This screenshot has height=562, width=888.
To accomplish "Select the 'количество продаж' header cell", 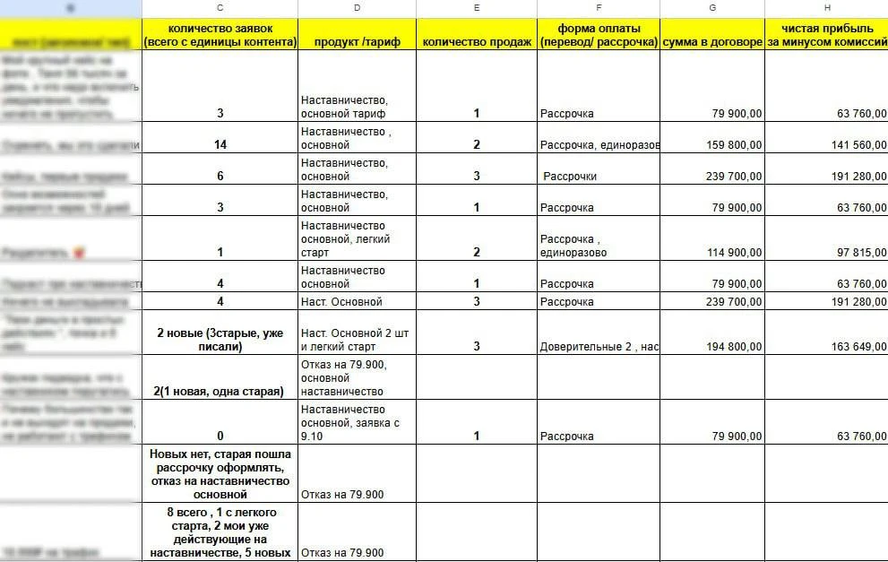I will tap(476, 42).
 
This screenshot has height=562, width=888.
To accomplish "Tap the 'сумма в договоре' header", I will tap(711, 42).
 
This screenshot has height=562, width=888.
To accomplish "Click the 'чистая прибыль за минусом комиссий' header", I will tap(826, 35).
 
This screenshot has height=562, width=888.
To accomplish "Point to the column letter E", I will tap(476, 7).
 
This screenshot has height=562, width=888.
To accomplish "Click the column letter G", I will tap(711, 7).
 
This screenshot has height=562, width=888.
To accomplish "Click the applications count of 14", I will tap(220, 145).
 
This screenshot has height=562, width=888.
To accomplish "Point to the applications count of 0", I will tap(220, 437).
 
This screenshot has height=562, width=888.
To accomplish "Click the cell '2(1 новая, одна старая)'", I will tap(220, 392).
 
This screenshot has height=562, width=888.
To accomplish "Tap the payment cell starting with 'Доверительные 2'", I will tap(599, 347).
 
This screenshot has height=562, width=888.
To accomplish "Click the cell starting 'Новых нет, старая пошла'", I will tap(220, 474).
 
